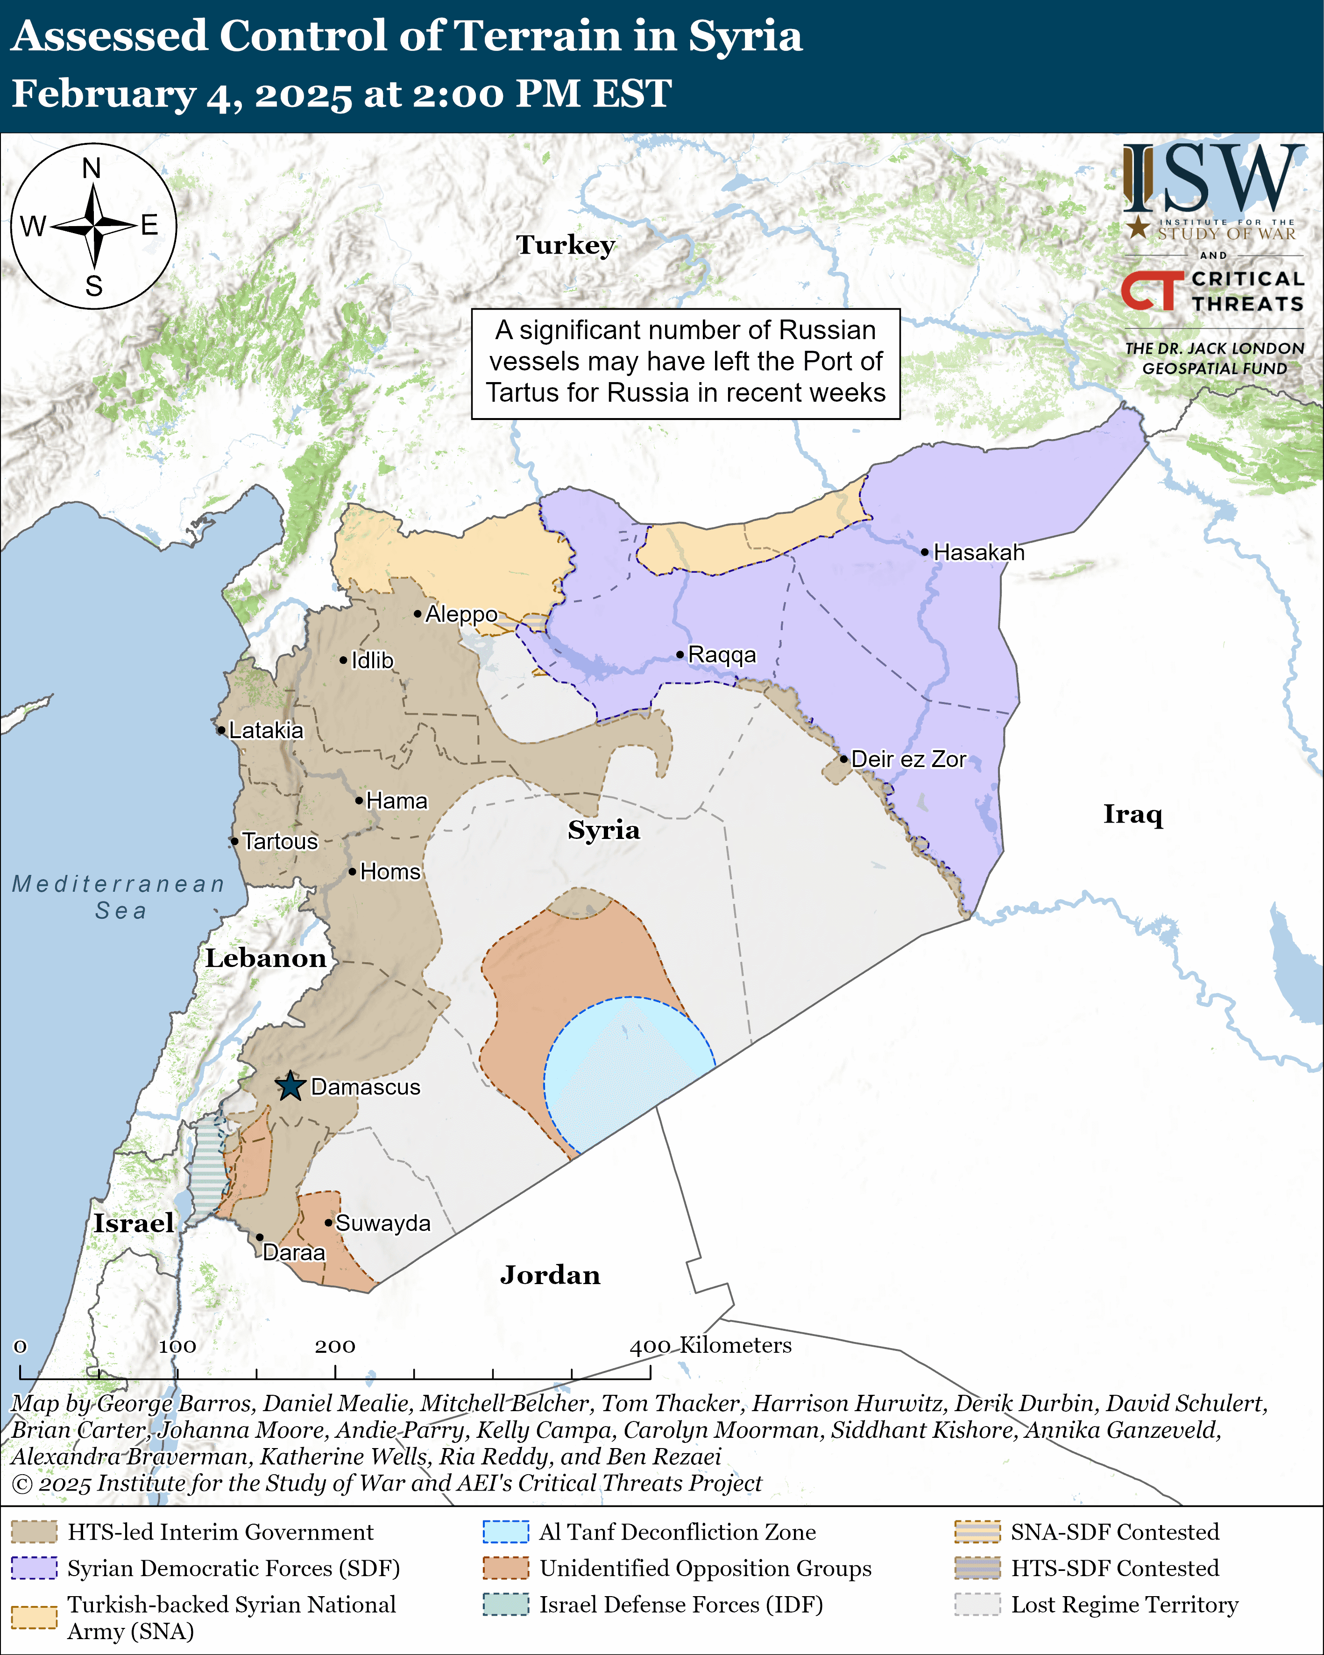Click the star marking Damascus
click(x=290, y=1086)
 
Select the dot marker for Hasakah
click(x=925, y=552)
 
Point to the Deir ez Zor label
click(x=908, y=759)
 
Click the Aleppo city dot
click(x=418, y=613)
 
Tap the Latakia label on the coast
click(x=266, y=730)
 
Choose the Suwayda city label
click(x=382, y=1223)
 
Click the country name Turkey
click(x=566, y=245)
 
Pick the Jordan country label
click(x=550, y=1275)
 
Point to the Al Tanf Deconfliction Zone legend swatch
click(x=505, y=1531)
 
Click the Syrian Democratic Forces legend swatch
click(x=34, y=1568)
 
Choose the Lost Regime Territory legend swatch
click(x=977, y=1605)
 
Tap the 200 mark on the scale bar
click(x=335, y=1346)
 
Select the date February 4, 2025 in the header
click(x=181, y=93)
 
